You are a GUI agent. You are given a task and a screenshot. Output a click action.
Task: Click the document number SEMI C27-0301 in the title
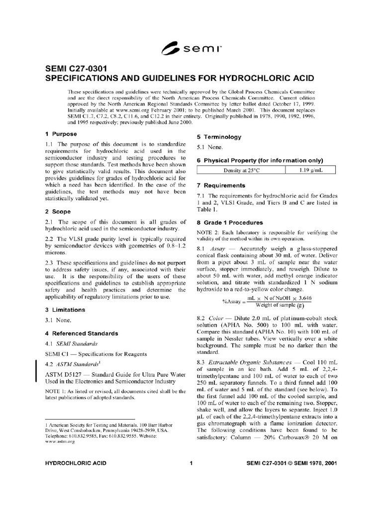74,69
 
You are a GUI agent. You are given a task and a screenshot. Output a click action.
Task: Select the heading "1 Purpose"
61,134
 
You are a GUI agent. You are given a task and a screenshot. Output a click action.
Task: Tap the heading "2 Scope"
57,211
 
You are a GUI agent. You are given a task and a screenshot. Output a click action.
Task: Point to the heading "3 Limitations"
65,310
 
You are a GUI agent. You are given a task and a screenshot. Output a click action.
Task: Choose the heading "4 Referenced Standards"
82,333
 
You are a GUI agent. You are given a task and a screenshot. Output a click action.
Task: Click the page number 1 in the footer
191,463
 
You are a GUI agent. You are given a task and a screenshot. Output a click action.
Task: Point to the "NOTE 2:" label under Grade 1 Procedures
208,233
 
